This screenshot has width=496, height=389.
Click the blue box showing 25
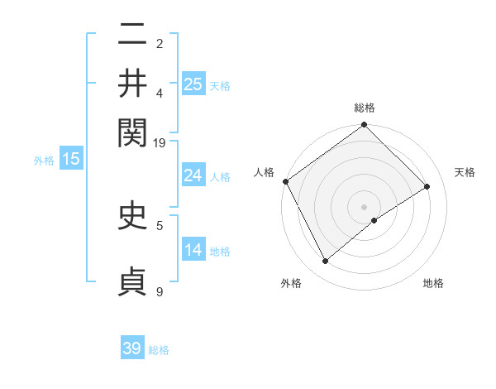pos(193,84)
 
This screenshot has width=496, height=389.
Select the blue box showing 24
pos(193,175)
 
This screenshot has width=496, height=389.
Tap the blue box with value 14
pos(193,250)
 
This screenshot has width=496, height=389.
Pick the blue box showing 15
pos(71,159)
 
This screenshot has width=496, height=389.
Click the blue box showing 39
pos(132,348)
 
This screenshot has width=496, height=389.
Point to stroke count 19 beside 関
pos(160,142)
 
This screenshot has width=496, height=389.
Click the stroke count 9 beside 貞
pos(160,291)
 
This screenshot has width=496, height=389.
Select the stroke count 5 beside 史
pos(160,224)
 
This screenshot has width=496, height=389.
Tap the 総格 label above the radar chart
pos(365,108)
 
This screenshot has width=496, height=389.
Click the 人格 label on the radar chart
pos(264,172)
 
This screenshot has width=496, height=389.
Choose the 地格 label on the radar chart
pos(433,283)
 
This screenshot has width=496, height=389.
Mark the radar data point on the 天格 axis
pos(427,187)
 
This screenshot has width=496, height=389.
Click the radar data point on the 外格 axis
pos(326,262)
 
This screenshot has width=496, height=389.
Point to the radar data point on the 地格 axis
pos(375,220)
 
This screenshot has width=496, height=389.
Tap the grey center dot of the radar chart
pos(365,206)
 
